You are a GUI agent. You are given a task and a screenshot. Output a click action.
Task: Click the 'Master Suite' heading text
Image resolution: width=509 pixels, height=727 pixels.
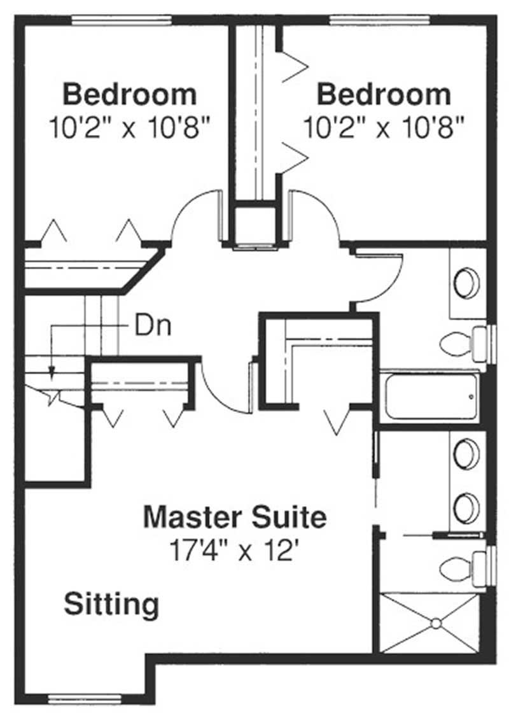point(235,517)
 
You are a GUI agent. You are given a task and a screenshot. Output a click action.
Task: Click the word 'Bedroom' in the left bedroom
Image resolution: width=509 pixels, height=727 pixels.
point(130,95)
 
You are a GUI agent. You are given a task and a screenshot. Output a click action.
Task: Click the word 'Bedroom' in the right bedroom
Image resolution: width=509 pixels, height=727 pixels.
point(384,95)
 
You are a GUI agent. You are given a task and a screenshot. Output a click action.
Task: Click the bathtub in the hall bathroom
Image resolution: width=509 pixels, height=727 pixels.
point(431,397)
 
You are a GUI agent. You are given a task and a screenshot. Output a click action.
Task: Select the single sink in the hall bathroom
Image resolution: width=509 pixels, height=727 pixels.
point(468,283)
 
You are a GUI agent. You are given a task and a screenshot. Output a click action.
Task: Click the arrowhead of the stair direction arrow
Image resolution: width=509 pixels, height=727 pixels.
point(52,372)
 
